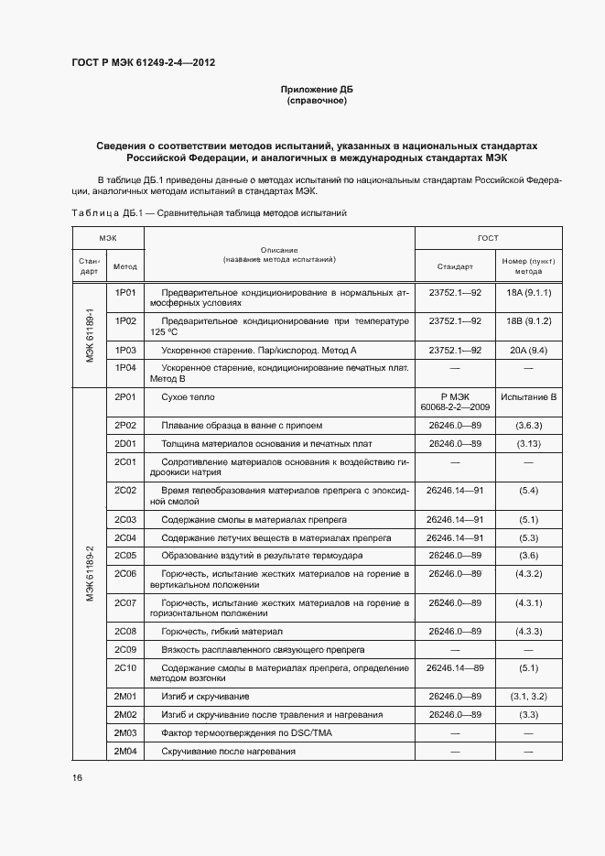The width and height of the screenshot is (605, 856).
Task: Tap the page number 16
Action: coord(78,777)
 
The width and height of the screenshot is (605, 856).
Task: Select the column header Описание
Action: coord(279,250)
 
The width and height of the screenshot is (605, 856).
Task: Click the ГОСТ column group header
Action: coord(488,238)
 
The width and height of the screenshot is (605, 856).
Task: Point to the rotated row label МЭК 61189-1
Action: coord(90,334)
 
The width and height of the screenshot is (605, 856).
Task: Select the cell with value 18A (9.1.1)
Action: coord(528,293)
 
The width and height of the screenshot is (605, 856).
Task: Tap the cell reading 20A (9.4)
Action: coord(528,350)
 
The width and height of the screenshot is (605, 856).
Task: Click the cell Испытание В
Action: coord(528,397)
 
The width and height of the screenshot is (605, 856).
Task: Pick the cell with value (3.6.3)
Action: coord(528,426)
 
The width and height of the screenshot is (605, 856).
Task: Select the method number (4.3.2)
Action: coord(528,574)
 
